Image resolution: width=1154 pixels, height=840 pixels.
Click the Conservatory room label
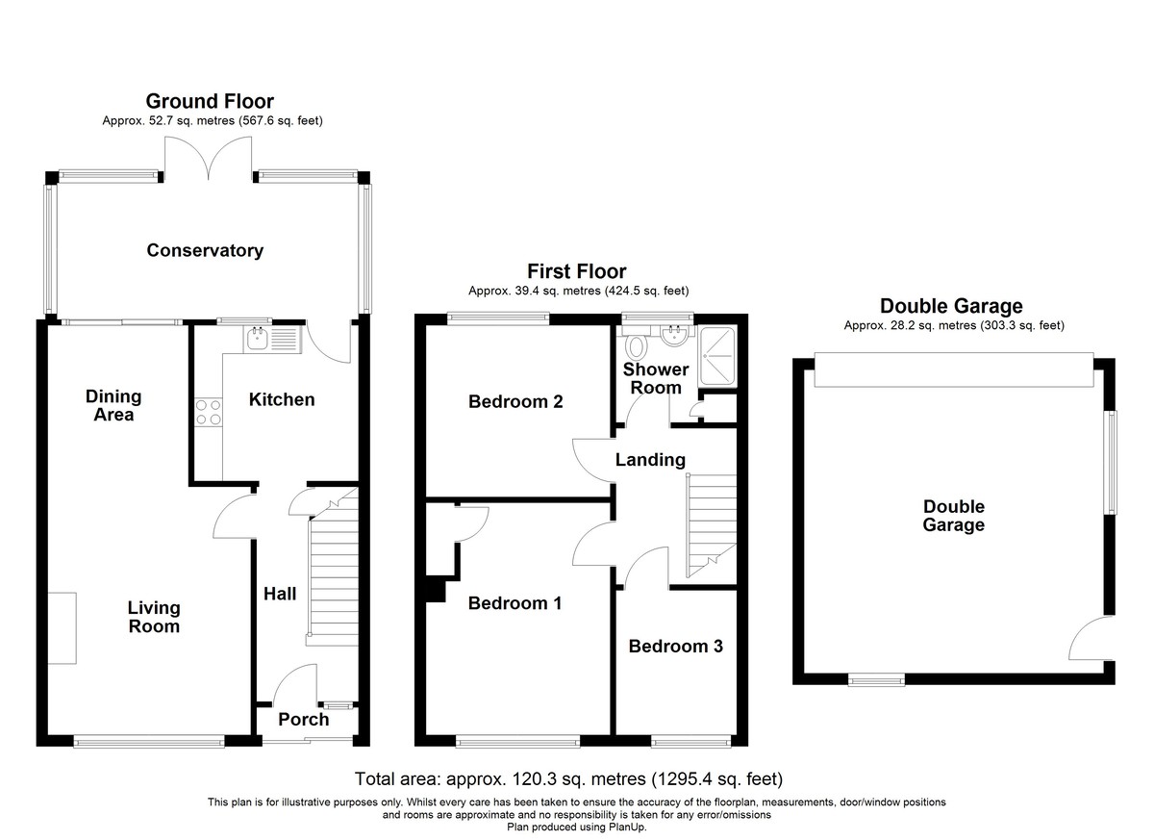(x=205, y=250)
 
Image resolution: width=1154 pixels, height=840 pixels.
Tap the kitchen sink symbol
(x=272, y=340)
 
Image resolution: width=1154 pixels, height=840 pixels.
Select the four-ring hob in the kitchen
(x=209, y=413)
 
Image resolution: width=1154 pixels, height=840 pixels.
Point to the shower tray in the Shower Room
(x=717, y=356)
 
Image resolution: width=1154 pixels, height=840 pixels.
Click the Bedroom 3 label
(x=675, y=647)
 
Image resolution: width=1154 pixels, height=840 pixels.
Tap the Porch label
(x=304, y=720)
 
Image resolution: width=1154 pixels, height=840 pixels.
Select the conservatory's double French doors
(x=208, y=157)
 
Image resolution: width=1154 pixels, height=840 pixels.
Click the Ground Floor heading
(x=210, y=101)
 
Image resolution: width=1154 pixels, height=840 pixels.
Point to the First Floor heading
(x=576, y=271)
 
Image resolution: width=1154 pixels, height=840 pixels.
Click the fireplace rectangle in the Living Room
(x=63, y=628)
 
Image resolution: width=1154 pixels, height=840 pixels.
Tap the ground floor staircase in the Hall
(x=333, y=567)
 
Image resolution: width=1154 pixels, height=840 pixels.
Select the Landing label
(x=650, y=460)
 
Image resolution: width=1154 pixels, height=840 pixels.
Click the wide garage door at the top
(x=954, y=369)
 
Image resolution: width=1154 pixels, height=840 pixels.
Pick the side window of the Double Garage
(x=1114, y=462)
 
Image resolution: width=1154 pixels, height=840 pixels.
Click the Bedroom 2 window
(x=498, y=318)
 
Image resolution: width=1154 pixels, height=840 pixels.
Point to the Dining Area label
(x=113, y=406)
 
